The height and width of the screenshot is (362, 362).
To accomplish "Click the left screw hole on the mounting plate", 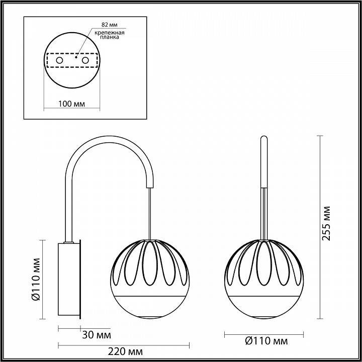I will [x=59, y=60].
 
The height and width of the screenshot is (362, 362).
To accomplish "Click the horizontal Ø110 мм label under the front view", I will [x=264, y=341].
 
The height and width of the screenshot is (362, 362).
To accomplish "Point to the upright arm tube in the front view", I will [x=264, y=161].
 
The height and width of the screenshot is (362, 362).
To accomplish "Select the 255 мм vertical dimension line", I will [x=320, y=226].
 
